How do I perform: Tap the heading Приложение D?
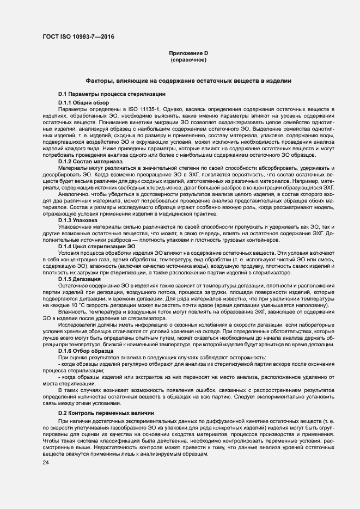point(188,53)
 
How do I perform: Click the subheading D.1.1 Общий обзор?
point(83,102)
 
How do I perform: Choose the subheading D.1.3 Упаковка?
point(78,220)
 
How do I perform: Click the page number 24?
point(45,463)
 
